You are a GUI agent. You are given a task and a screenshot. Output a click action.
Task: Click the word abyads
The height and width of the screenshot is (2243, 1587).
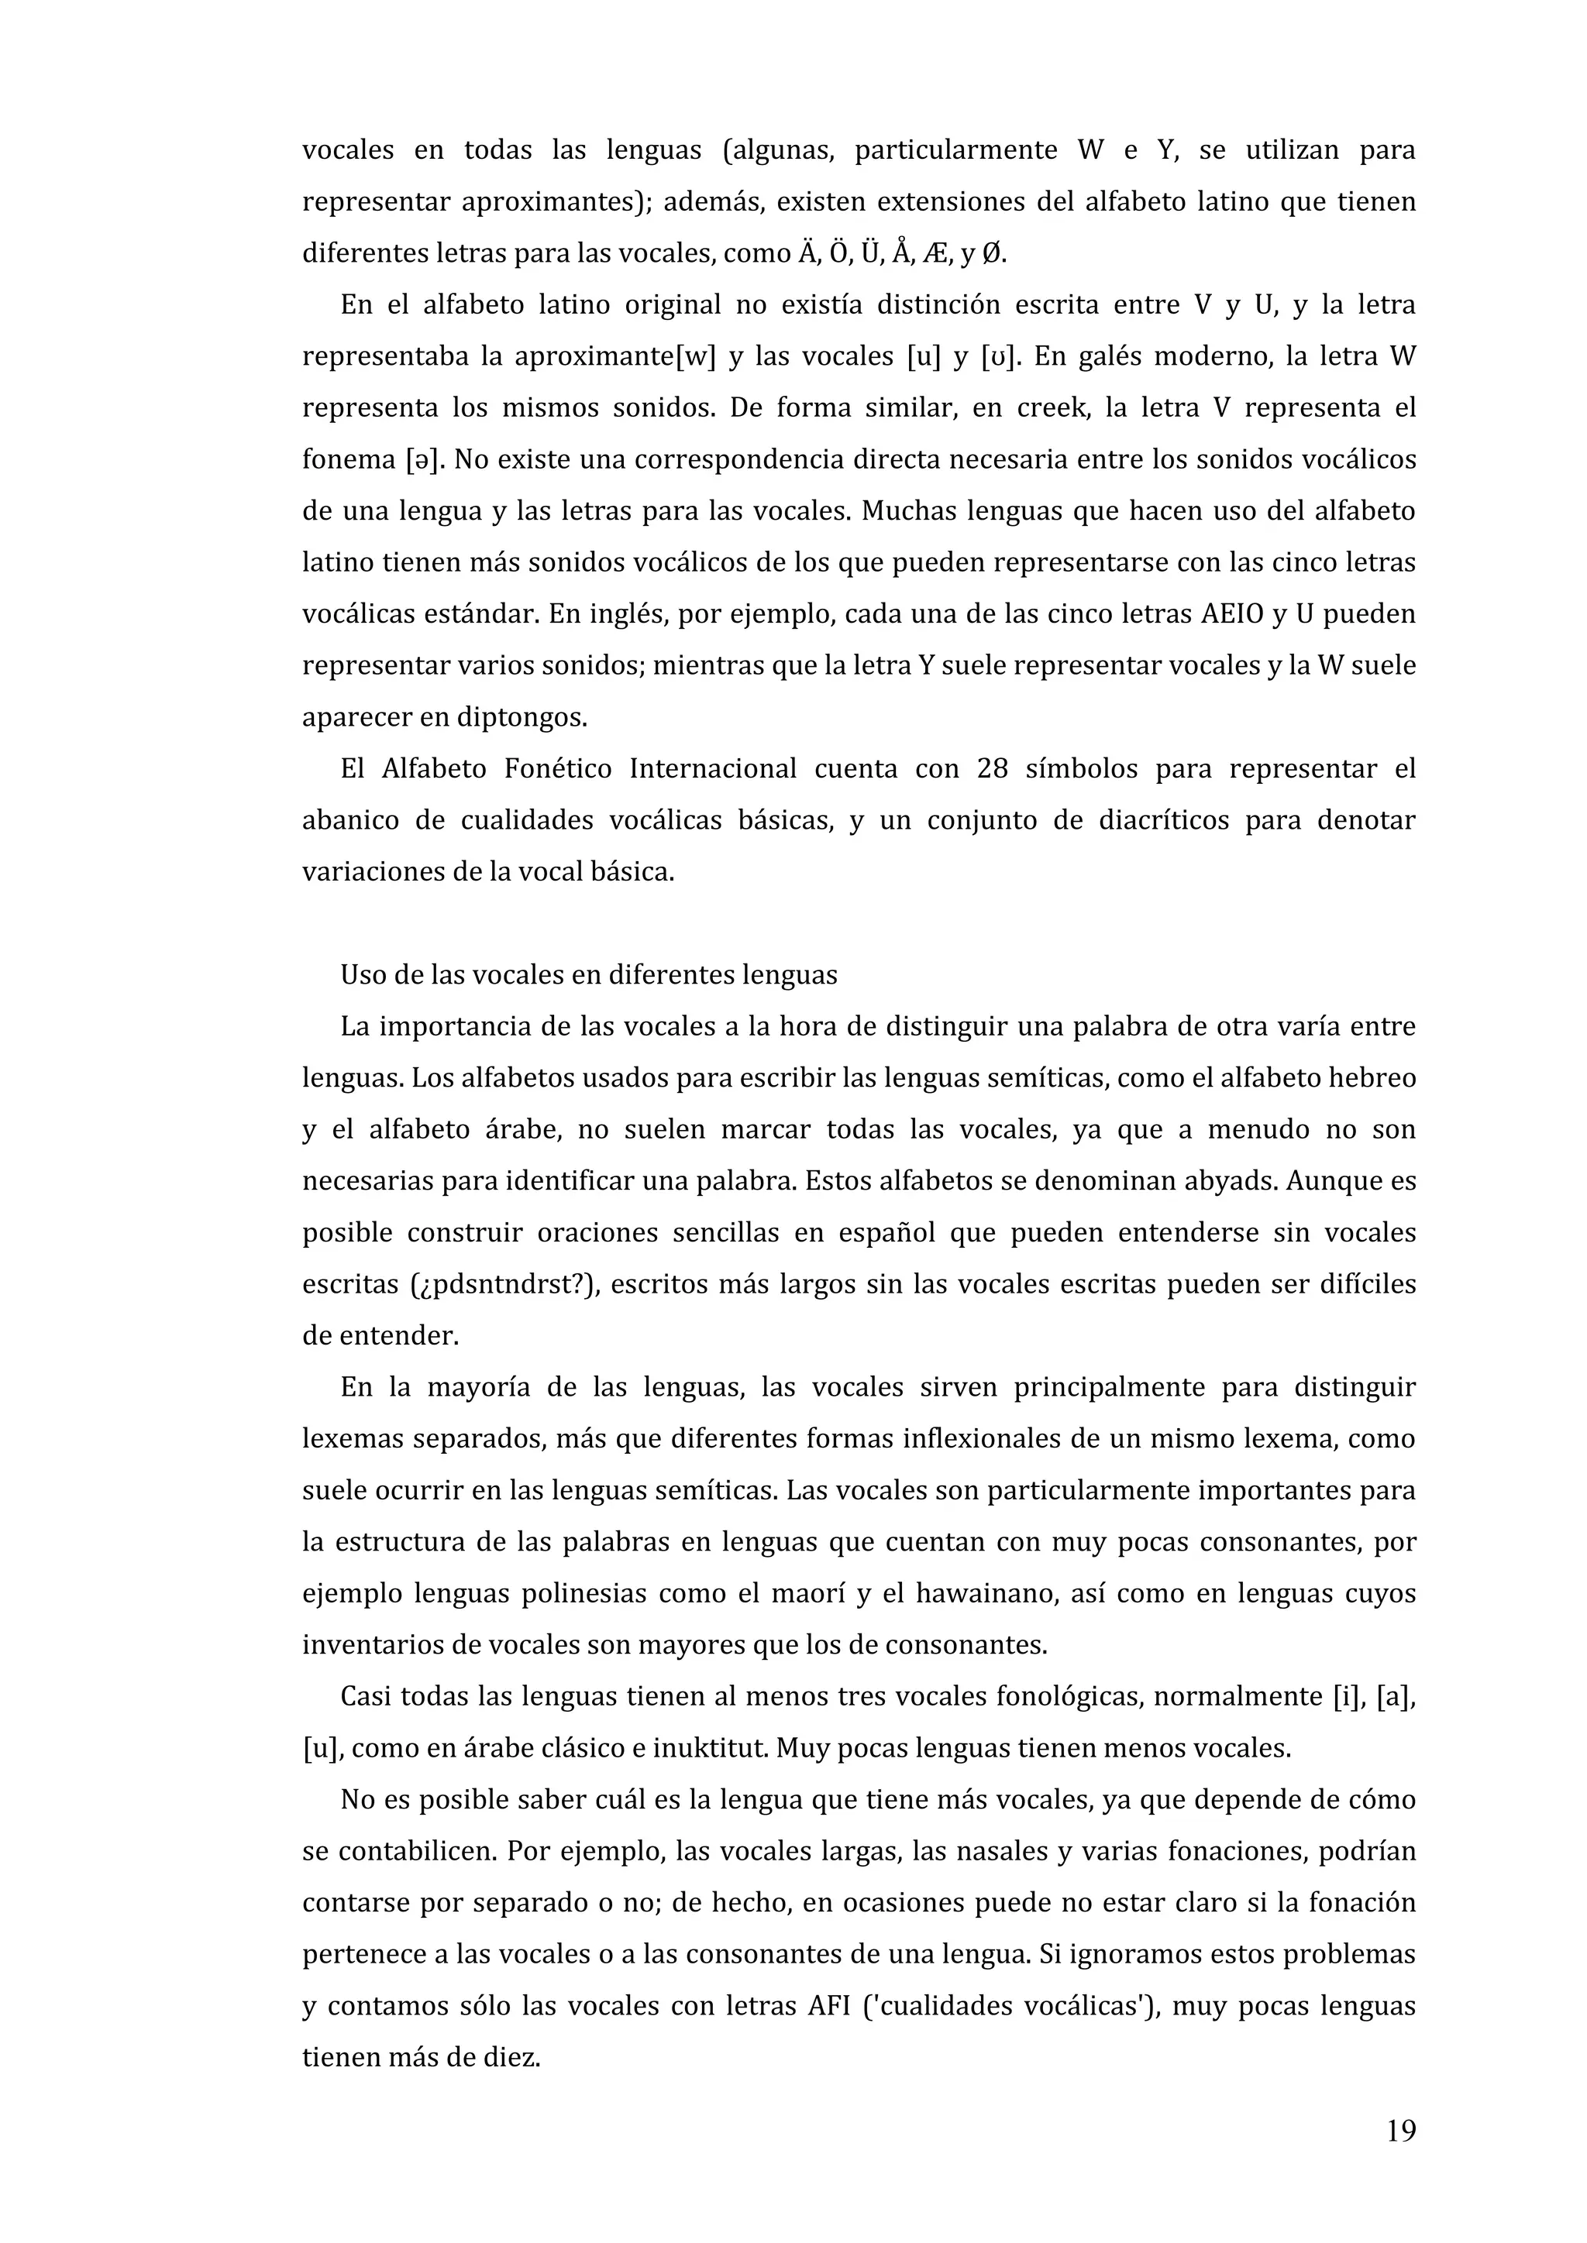(1231, 1181)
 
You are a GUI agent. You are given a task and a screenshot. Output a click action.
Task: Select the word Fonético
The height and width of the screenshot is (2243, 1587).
(558, 769)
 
